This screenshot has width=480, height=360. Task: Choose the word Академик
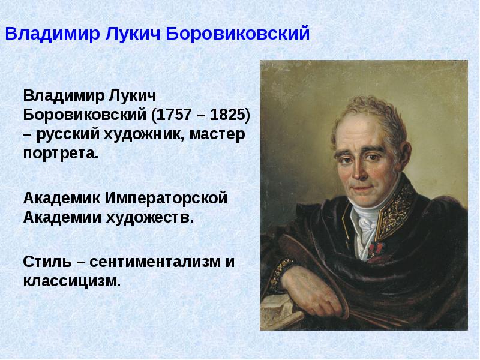point(62,198)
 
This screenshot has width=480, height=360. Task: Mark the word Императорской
point(166,198)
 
